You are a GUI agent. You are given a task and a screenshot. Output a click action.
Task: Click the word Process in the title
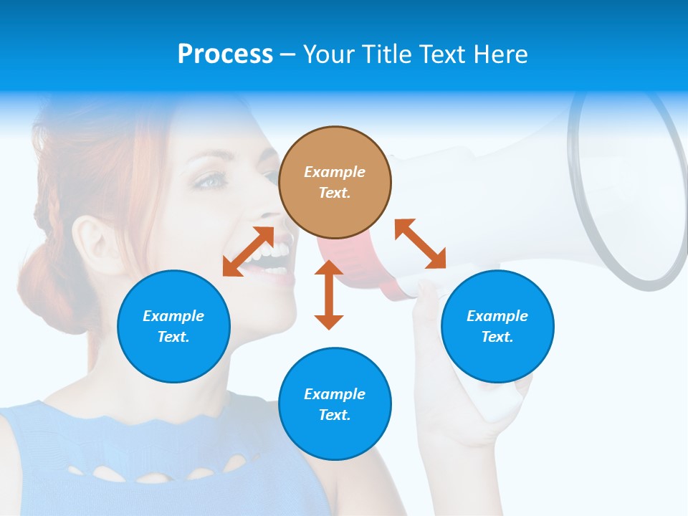(225, 54)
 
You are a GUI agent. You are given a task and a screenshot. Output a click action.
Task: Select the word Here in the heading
(500, 54)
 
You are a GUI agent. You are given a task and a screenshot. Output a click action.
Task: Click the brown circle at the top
(335, 182)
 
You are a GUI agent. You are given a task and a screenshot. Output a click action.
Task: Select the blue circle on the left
(173, 326)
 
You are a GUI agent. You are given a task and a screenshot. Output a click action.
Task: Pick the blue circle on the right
(497, 326)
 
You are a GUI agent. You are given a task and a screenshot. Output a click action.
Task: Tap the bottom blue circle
(335, 404)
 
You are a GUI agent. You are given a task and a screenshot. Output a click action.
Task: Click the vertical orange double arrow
(329, 295)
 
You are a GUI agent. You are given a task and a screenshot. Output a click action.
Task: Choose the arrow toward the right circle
(421, 244)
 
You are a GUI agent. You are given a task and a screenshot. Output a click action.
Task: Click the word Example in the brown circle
(335, 172)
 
